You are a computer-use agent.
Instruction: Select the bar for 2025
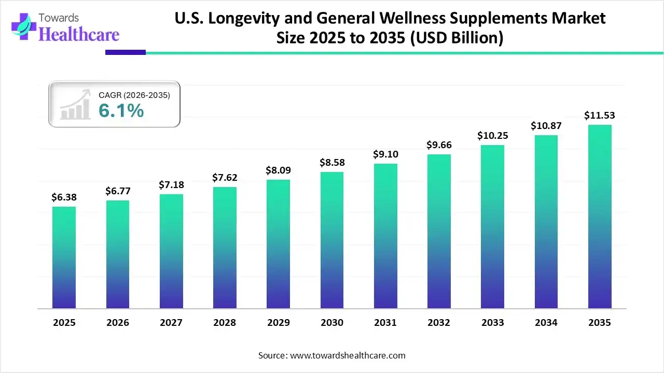point(64,257)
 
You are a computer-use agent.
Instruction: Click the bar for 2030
point(332,240)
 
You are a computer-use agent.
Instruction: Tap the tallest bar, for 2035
point(600,217)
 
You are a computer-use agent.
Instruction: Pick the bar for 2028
point(225,248)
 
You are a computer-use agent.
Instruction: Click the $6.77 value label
point(117,191)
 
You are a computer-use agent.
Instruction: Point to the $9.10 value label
point(385,154)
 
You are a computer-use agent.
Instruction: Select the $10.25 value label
point(492,136)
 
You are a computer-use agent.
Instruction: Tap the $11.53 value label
point(600,115)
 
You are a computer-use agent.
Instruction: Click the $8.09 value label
point(278,170)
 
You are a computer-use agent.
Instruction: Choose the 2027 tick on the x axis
point(171,323)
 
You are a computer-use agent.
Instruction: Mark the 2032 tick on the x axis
point(439,323)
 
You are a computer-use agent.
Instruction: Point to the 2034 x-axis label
point(546,323)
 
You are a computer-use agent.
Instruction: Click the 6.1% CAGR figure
point(121,110)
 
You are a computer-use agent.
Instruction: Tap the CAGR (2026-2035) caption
point(134,95)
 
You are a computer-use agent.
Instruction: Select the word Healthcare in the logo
point(79,34)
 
